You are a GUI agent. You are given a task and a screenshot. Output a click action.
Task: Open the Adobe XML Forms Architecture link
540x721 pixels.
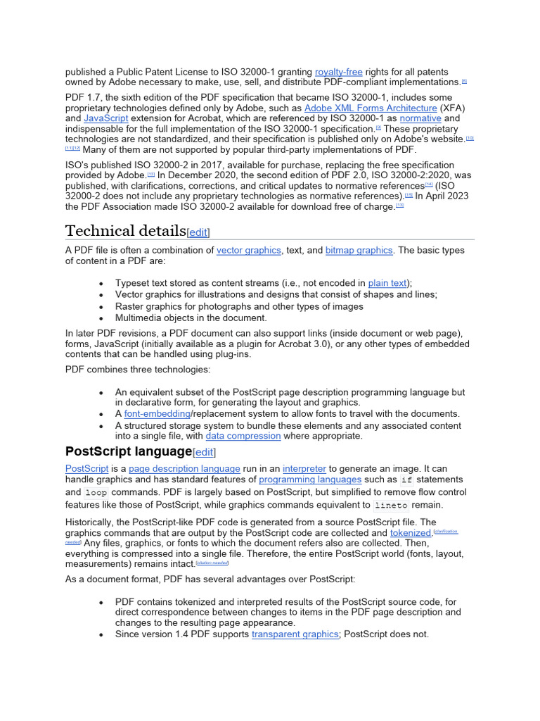371,108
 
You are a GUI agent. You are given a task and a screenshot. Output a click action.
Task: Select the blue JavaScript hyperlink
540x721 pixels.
105,118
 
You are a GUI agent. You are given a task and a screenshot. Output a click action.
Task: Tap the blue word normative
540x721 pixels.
420,118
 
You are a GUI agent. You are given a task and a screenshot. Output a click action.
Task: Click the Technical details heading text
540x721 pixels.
125,231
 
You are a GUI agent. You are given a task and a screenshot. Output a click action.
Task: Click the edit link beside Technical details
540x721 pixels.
198,232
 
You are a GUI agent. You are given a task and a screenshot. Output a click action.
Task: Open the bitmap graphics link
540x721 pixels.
359,250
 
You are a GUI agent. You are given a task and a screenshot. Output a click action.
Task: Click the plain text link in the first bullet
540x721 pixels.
387,283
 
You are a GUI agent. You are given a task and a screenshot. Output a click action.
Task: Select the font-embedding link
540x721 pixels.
157,414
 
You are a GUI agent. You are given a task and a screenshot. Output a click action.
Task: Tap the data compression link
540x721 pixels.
243,436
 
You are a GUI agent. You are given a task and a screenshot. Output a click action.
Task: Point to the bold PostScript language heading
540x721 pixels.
128,451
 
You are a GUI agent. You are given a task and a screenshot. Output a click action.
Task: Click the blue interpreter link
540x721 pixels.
304,468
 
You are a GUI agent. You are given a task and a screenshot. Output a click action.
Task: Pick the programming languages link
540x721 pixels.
310,479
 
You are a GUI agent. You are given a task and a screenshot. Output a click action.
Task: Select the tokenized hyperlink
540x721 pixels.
410,533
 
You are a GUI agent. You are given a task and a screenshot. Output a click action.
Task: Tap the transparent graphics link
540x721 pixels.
295,634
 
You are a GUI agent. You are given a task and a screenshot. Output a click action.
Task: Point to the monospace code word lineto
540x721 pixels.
390,506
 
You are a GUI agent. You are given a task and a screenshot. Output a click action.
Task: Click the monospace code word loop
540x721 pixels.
96,493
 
